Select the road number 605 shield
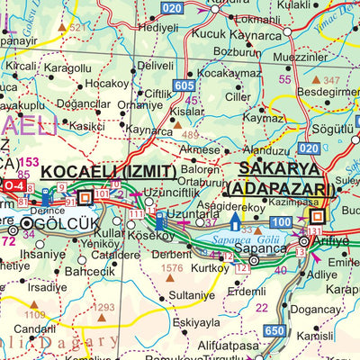click(x=184, y=85)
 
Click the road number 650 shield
click(x=274, y=331)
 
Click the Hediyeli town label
click(x=157, y=28)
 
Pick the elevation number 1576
click(x=171, y=267)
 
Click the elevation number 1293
click(x=105, y=307)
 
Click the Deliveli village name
click(x=155, y=66)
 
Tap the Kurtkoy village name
click(x=210, y=268)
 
